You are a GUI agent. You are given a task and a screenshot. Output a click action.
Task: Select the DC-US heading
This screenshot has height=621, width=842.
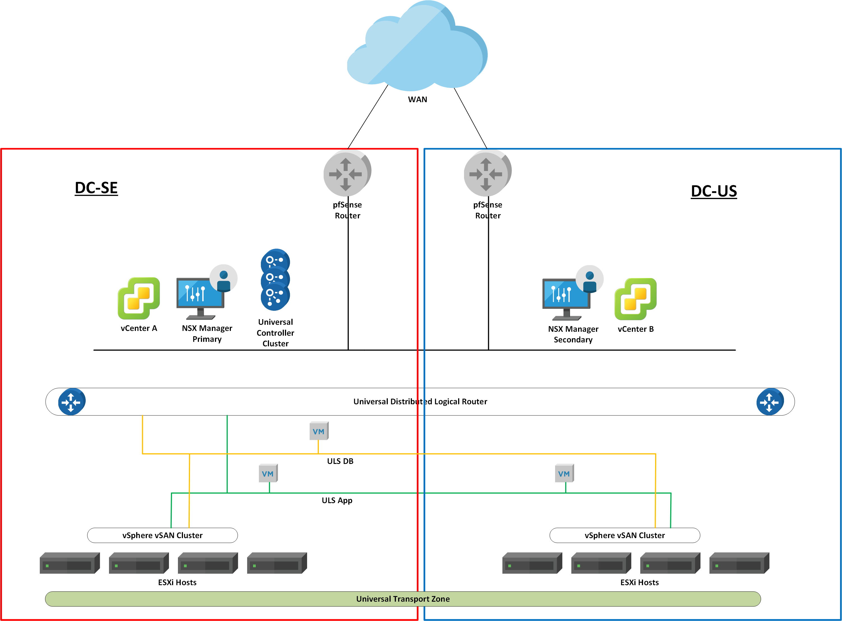(713, 191)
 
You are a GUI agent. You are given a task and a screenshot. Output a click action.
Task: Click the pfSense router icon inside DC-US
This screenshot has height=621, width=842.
(487, 173)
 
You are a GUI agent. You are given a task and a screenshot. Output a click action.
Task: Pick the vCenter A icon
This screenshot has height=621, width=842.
(138, 298)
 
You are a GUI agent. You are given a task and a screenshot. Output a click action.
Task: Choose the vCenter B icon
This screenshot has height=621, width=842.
(635, 299)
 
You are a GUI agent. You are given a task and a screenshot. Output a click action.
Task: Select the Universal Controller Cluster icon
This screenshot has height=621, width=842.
(275, 280)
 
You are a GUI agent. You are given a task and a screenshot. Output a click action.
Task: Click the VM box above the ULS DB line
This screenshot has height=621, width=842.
(319, 431)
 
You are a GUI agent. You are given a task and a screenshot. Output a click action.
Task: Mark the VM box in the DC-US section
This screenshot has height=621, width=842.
(564, 473)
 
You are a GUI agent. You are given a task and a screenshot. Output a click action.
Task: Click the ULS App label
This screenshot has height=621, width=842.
(337, 500)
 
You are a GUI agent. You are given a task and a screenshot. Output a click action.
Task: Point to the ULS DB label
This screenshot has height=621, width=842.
(340, 461)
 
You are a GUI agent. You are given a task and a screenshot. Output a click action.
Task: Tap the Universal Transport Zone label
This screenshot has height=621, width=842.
(403, 599)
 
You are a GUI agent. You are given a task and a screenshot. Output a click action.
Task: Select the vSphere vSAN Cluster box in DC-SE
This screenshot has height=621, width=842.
(162, 535)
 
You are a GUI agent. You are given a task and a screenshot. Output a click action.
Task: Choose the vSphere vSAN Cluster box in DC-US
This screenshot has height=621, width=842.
(624, 535)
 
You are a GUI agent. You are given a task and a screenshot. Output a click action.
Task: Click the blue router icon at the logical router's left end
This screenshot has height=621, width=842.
(71, 401)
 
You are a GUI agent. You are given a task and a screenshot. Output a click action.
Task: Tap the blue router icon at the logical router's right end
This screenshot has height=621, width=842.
(770, 401)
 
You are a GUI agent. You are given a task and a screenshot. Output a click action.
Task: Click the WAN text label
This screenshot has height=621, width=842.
(417, 100)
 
